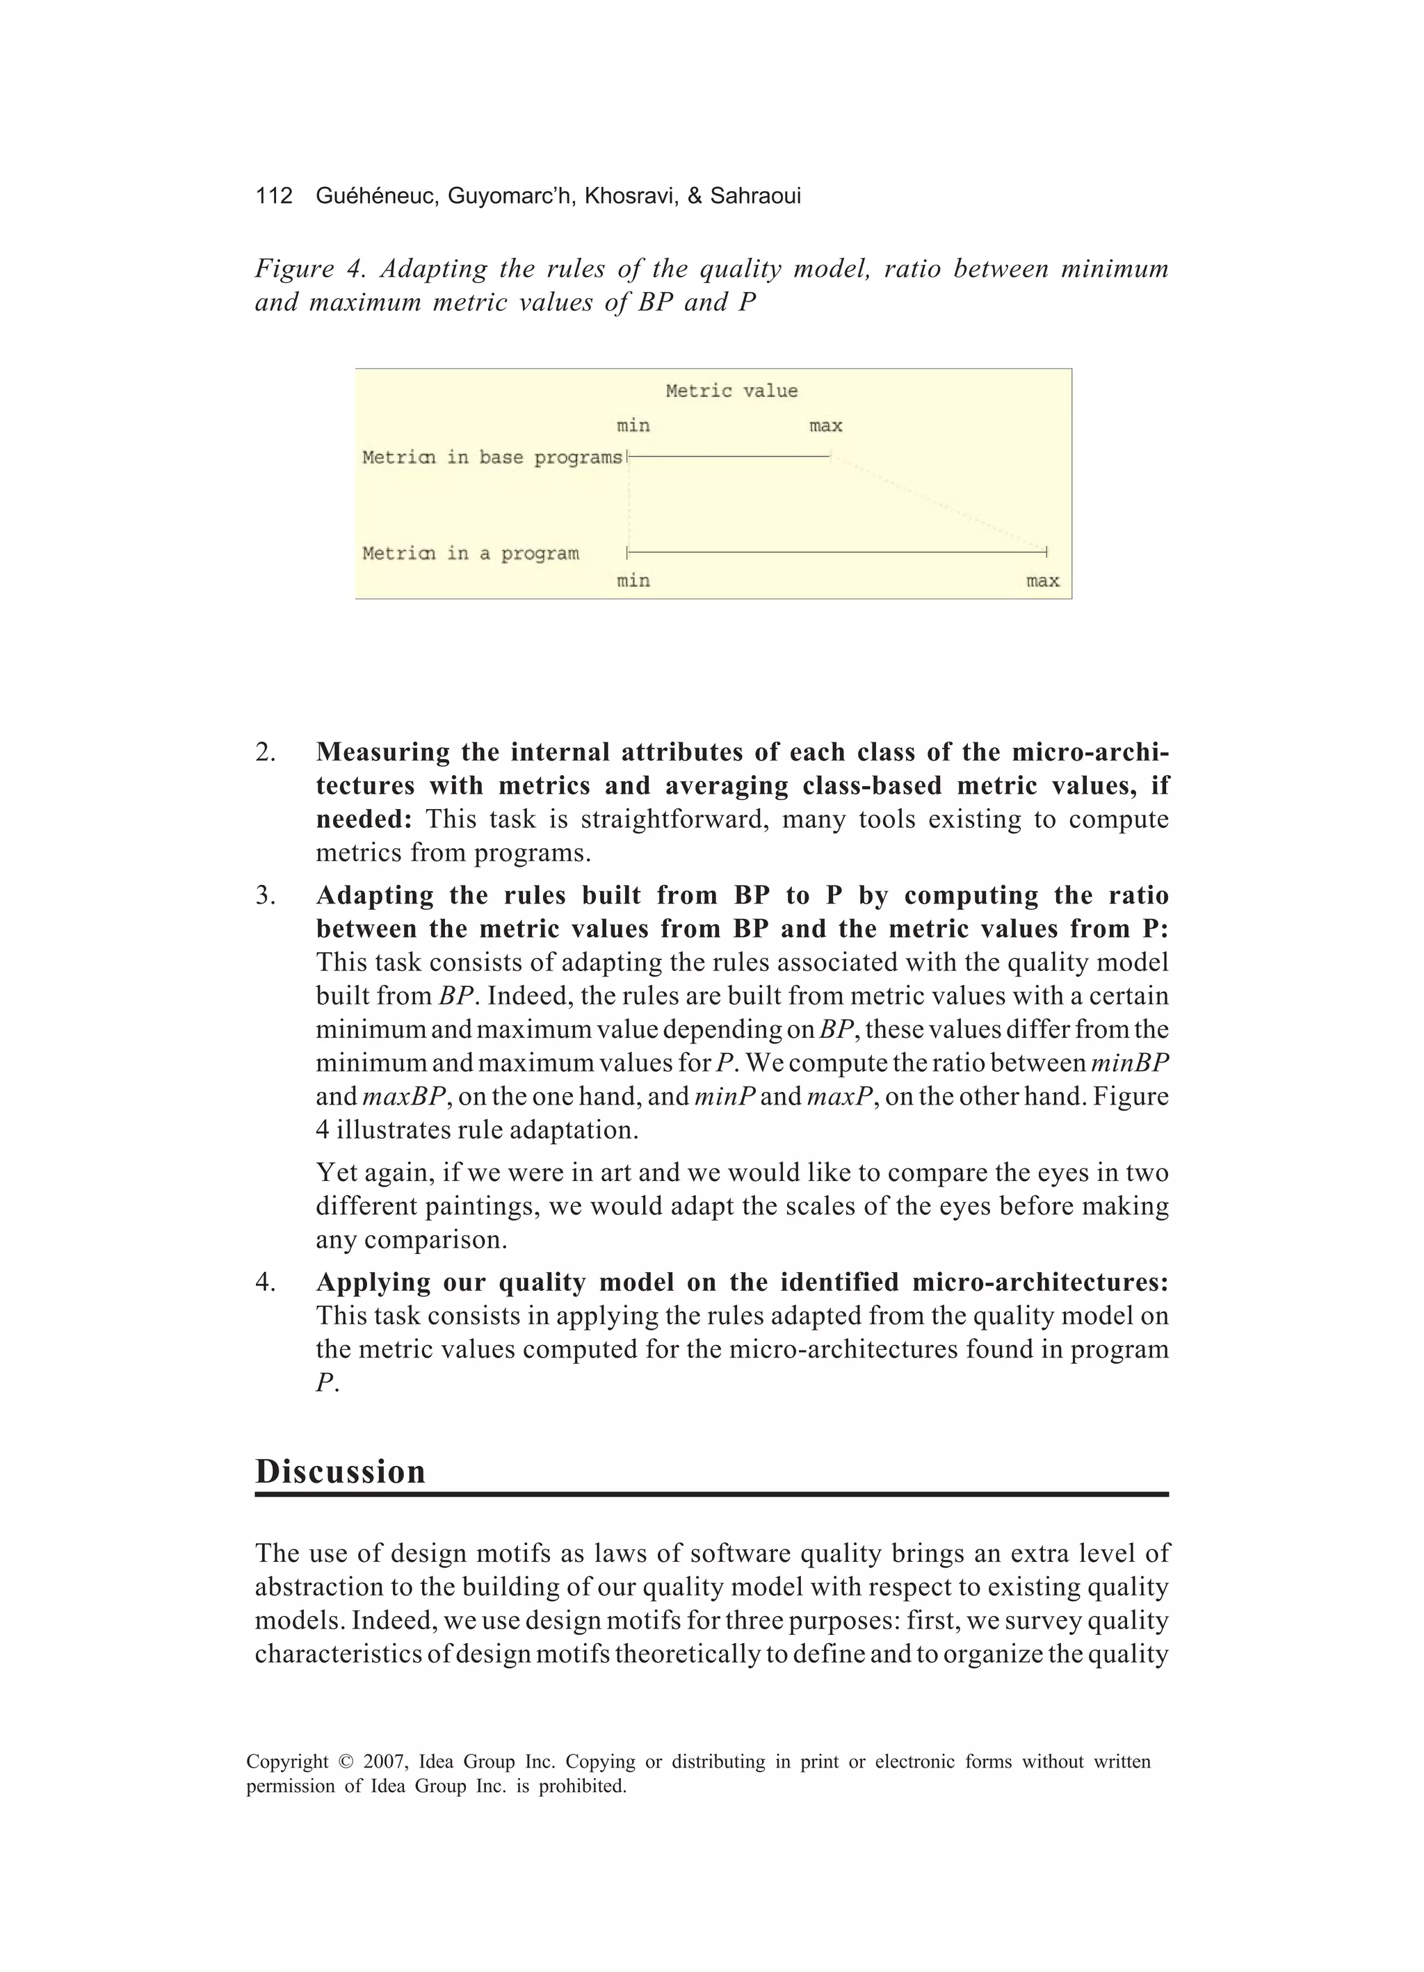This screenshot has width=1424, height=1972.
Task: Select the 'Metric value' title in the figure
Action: tap(731, 391)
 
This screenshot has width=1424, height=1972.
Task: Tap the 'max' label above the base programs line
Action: tap(825, 426)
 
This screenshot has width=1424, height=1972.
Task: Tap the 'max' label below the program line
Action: tap(1042, 581)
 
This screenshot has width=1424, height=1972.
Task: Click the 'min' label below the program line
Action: tap(633, 581)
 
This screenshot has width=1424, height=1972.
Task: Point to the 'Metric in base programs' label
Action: tap(492, 457)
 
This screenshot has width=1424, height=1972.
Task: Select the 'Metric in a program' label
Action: tap(470, 554)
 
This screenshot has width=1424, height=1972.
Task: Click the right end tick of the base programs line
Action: tap(831, 455)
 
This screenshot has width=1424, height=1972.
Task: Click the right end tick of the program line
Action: tap(1046, 551)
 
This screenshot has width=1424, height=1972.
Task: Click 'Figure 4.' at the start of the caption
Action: tap(306, 269)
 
